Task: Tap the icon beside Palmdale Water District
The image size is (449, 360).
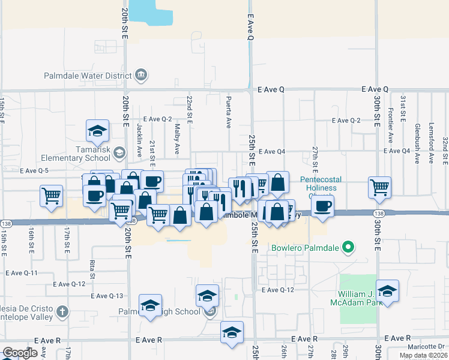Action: [142, 76]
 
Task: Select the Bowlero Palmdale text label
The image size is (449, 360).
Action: [305, 247]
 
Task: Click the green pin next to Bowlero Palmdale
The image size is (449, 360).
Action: [347, 247]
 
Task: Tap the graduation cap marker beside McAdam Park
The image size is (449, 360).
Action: [388, 291]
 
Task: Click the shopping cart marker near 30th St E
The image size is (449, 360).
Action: [379, 187]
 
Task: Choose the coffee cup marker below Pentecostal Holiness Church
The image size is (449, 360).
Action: [322, 205]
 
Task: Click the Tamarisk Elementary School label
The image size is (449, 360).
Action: [76, 153]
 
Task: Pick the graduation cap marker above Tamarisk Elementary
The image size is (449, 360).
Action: [97, 130]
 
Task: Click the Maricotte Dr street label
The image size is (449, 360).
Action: [429, 346]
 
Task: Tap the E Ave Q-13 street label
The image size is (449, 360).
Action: [108, 296]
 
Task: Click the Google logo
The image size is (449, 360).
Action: [20, 353]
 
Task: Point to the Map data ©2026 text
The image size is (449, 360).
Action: [423, 355]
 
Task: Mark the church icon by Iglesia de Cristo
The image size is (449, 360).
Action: [62, 311]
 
